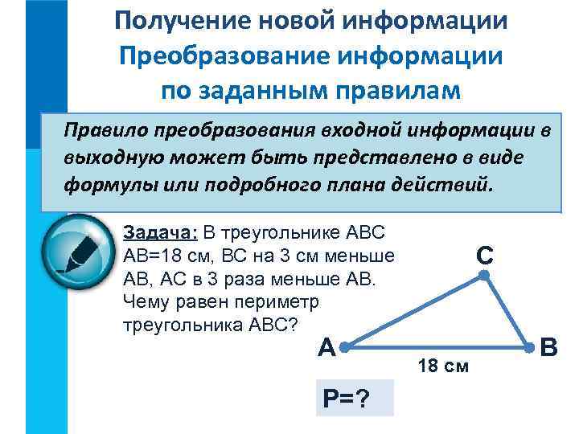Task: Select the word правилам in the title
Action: click(x=393, y=90)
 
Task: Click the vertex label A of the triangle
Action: click(x=326, y=348)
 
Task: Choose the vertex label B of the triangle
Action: click(x=550, y=348)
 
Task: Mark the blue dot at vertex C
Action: click(x=484, y=275)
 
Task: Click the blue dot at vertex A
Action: click(x=344, y=348)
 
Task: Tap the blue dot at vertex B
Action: click(x=529, y=348)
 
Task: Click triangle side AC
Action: click(x=414, y=311)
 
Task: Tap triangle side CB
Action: click(x=507, y=311)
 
